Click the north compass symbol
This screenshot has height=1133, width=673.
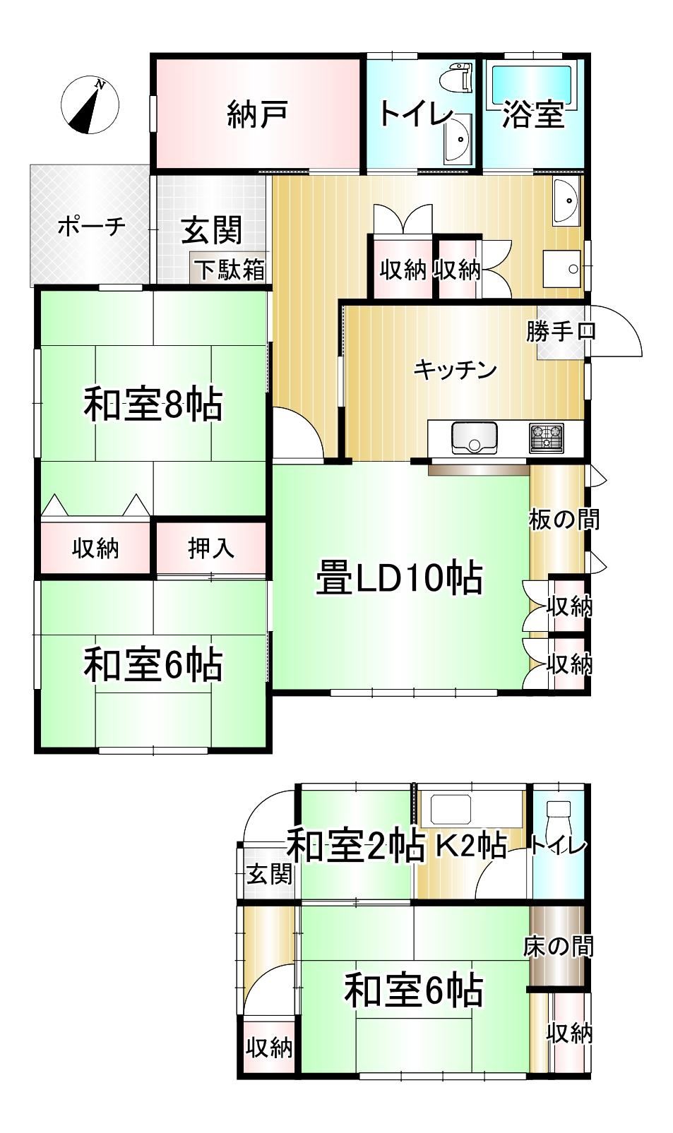[90, 106]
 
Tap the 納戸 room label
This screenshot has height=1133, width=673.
[258, 113]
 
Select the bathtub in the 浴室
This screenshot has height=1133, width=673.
[534, 86]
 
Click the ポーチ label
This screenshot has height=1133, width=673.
[92, 226]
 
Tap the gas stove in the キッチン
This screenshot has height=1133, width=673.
[547, 438]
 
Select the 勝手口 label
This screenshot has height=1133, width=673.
[561, 331]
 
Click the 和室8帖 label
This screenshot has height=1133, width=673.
[153, 404]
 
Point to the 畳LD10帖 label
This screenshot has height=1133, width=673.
[399, 578]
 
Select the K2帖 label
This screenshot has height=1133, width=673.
[472, 845]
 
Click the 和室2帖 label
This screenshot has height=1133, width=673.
[356, 845]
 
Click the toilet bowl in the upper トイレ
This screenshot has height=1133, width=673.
[455, 76]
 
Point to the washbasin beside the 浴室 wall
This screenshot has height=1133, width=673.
[566, 203]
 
